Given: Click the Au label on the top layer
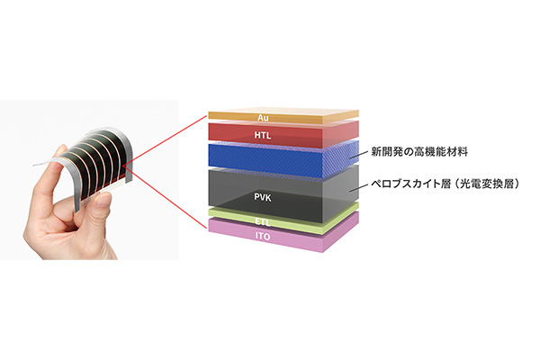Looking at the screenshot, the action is click(263, 118).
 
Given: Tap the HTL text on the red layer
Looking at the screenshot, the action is click(263, 135).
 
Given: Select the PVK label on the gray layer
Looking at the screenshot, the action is click(263, 197).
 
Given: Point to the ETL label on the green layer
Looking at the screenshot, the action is click(263, 222).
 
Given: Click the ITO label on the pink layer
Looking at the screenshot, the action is click(263, 237).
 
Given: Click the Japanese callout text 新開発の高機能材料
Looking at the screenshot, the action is click(419, 151).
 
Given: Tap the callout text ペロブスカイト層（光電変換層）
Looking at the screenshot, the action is click(445, 184).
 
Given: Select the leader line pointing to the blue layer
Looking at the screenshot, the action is click(357, 155).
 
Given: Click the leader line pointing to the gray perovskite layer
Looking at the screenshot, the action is click(357, 187).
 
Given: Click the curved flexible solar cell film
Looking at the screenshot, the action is click(96, 162).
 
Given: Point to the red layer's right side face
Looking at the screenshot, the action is click(341, 134).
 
